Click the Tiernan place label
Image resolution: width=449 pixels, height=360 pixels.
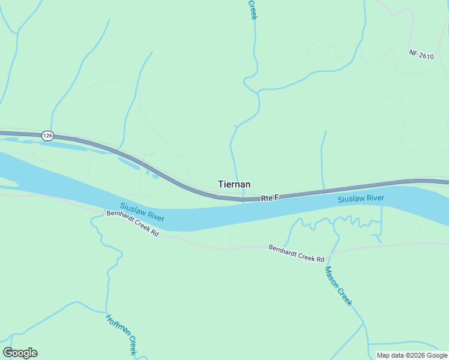(234, 185)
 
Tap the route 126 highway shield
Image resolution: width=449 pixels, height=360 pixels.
(48, 136)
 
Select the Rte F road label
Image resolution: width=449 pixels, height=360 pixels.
(270, 197)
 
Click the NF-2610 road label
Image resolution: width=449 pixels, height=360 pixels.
(421, 53)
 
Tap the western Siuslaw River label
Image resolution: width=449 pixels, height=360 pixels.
(142, 212)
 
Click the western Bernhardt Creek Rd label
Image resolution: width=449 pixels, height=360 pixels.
(132, 223)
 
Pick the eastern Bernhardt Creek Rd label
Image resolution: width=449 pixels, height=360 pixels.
(296, 253)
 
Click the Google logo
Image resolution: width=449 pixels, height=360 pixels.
(20, 353)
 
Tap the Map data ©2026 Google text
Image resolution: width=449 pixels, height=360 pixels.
(412, 355)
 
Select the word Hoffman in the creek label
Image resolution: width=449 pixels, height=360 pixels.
(116, 328)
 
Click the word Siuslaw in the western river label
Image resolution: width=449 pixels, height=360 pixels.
(133, 209)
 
